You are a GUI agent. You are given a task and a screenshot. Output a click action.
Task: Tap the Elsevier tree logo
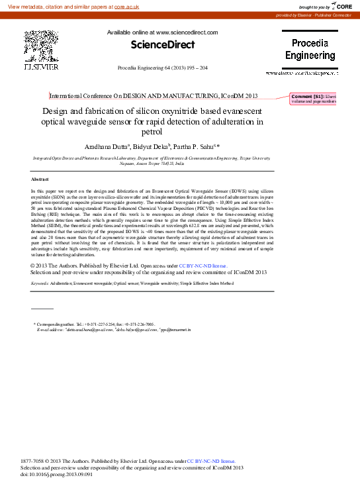tap(40, 46)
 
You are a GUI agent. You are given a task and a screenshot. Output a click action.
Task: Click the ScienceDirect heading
tap(162, 45)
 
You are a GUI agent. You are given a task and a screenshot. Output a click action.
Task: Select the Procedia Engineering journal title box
tap(310, 50)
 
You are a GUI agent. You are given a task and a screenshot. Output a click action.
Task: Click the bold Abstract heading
tap(40, 179)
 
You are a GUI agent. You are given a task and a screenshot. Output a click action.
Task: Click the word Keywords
tap(43, 283)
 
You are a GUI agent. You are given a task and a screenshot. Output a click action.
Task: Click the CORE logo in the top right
tap(341, 6)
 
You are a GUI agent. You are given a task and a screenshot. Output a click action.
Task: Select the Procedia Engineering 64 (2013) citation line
tap(162, 68)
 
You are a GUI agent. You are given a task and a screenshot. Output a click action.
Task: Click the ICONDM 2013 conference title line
tap(163, 96)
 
